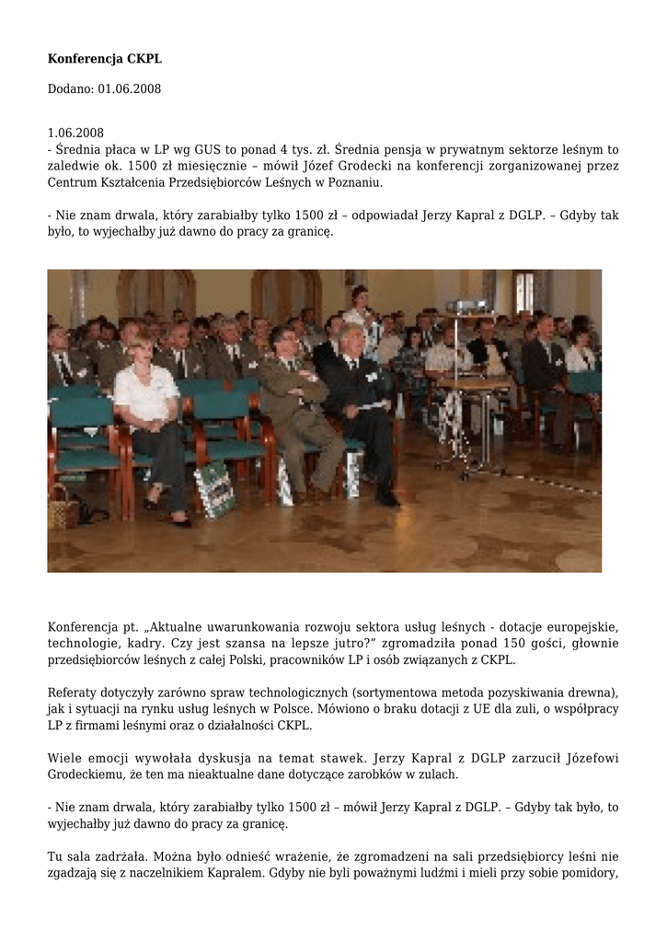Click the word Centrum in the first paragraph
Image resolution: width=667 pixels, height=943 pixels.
point(73,183)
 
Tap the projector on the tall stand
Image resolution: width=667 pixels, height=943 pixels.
point(466,306)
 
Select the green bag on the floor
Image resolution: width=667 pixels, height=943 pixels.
point(214,487)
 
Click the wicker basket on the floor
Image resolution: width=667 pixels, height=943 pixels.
point(63,506)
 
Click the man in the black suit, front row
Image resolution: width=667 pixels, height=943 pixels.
point(362,405)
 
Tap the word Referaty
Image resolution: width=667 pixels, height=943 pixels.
point(73,692)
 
